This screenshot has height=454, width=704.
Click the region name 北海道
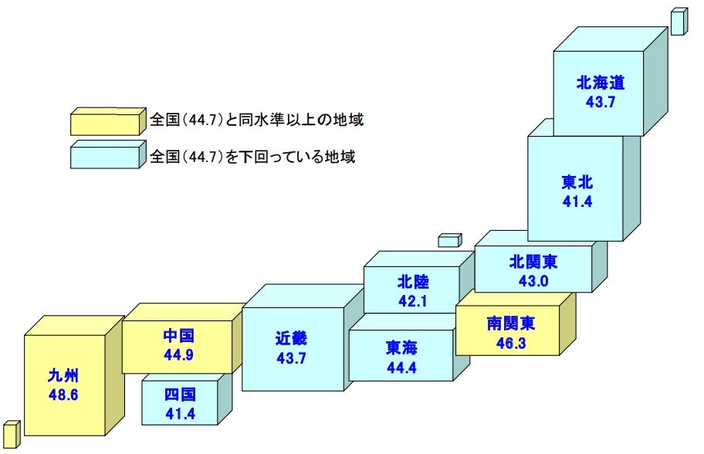coord(600,83)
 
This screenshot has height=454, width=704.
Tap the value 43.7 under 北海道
coord(600,101)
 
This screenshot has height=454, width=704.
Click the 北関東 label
coord(533,262)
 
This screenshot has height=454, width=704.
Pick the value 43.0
coord(533,280)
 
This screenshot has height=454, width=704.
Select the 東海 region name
coord(401,348)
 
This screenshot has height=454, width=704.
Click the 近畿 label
coord(291,338)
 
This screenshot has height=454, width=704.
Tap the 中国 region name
coord(178,336)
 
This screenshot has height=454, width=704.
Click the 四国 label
coord(180,395)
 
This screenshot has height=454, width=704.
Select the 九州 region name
coord(63,377)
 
